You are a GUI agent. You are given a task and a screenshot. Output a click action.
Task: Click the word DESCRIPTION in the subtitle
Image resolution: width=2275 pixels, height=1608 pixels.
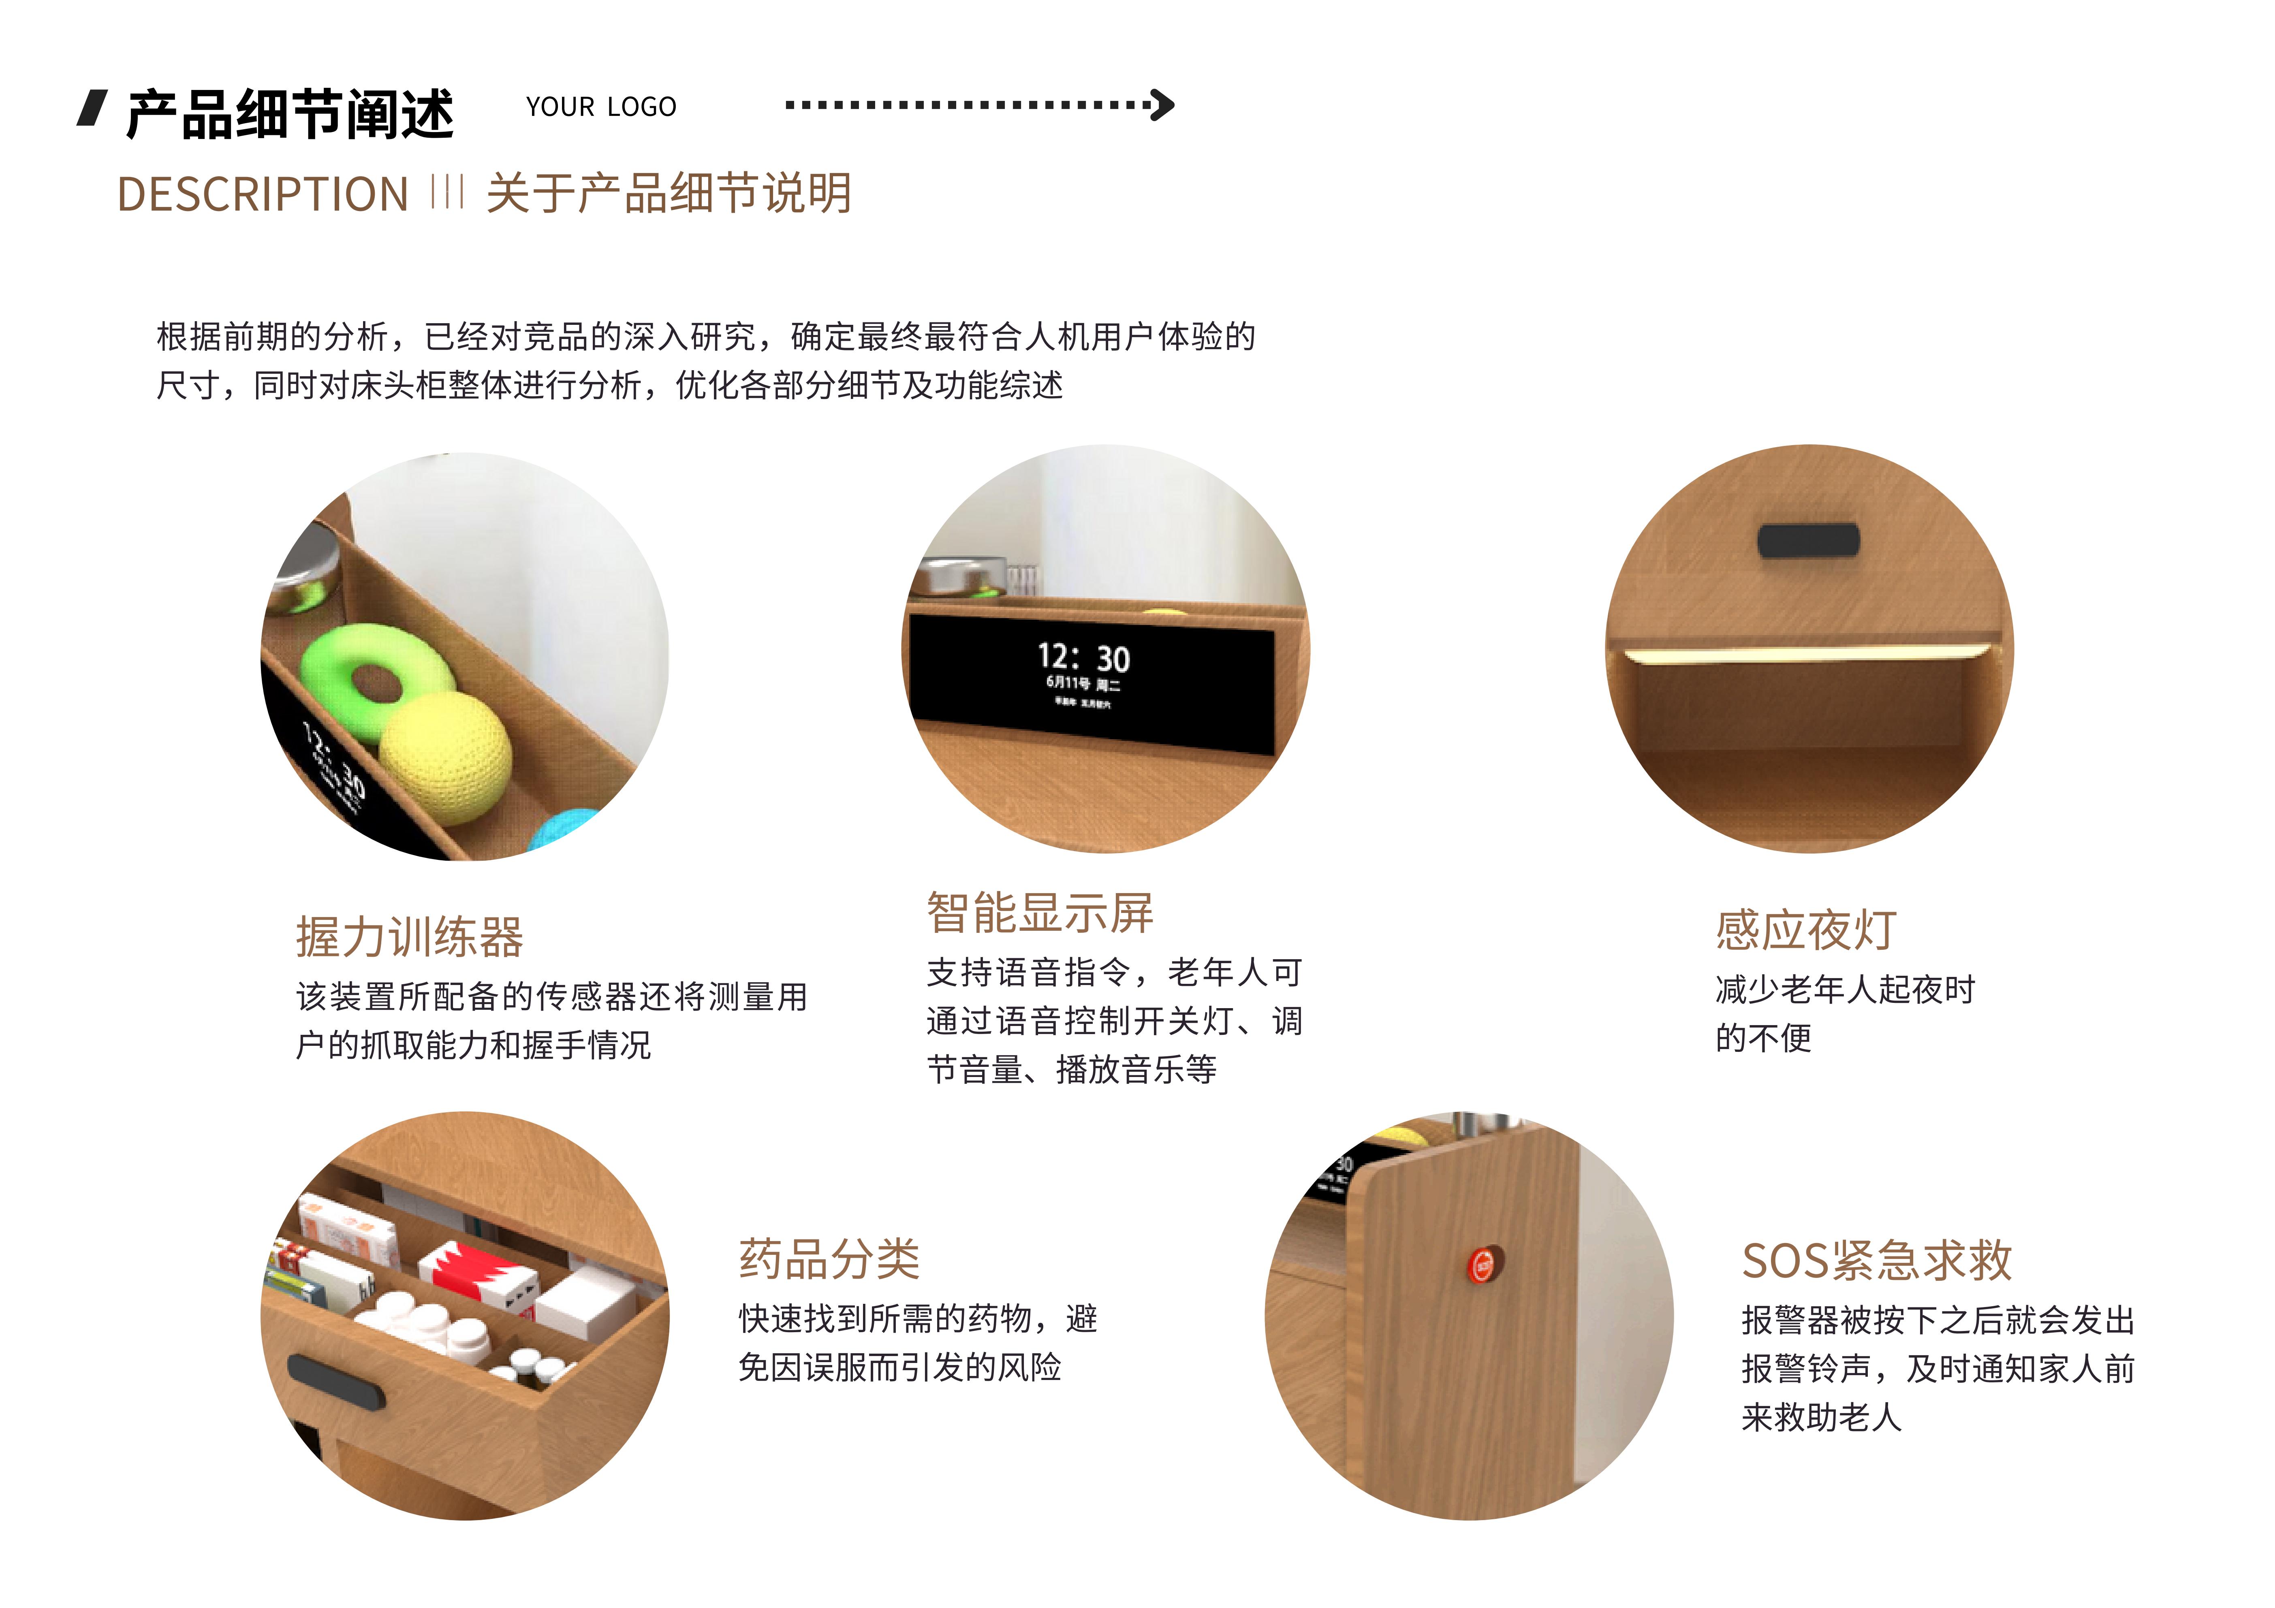(x=263, y=194)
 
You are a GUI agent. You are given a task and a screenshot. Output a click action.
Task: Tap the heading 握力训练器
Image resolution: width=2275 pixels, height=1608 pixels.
(x=409, y=937)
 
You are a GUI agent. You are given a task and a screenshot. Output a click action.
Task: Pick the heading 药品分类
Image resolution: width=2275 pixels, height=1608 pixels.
(x=829, y=1259)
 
